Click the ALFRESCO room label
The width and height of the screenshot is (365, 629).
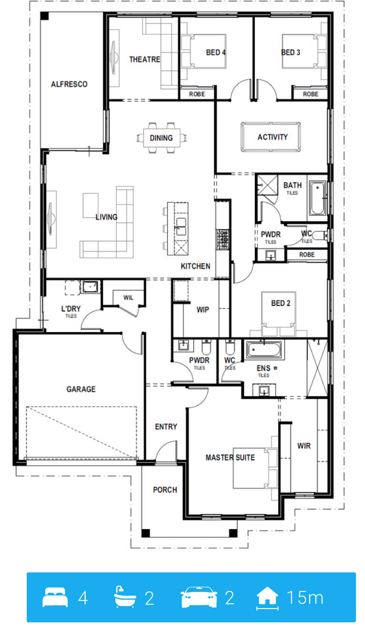click(x=69, y=84)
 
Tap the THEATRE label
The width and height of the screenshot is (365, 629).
click(x=144, y=59)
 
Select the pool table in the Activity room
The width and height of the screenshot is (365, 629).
click(x=271, y=137)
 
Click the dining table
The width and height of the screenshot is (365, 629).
click(x=162, y=138)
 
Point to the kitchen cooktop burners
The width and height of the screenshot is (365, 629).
click(x=222, y=239)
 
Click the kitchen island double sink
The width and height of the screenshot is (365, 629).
click(x=181, y=226)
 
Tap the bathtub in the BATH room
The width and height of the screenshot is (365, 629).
click(x=317, y=198)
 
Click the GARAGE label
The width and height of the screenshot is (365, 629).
click(x=81, y=389)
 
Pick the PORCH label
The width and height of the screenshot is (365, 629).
click(x=165, y=490)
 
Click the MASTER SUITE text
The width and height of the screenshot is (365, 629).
click(x=230, y=457)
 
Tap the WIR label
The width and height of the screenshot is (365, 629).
click(x=304, y=446)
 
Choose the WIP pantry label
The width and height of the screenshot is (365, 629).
click(x=203, y=309)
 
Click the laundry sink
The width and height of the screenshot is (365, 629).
click(x=90, y=287)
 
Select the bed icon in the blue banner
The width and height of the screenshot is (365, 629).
click(x=55, y=597)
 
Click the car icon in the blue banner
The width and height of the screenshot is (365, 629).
click(x=199, y=597)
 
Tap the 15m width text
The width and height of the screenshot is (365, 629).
click(x=305, y=598)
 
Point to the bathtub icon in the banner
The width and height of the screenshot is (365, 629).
click(x=125, y=597)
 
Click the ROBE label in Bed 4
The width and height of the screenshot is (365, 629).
click(x=197, y=94)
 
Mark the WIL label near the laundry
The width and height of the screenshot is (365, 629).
click(x=128, y=298)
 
